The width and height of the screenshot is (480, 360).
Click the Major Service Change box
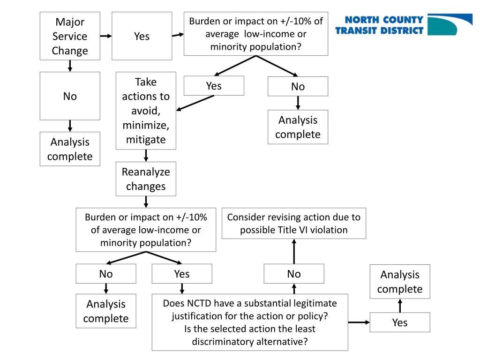(70, 36)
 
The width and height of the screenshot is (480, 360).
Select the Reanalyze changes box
(146, 179)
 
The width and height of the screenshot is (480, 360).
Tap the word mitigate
(146, 139)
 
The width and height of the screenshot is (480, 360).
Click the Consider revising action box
(293, 223)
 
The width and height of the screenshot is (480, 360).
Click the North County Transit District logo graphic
(450, 24)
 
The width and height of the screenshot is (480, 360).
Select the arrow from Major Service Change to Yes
(106, 36)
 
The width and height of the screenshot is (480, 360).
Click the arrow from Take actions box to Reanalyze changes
(146, 156)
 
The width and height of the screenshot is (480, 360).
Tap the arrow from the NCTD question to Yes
(359, 322)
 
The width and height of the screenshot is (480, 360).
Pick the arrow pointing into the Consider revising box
(294, 251)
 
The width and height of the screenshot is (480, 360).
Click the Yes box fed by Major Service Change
(142, 36)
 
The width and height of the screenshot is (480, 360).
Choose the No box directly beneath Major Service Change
(70, 96)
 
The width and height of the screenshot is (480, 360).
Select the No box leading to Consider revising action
(294, 274)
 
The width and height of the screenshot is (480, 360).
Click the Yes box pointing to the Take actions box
(214, 86)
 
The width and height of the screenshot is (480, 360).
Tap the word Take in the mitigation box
(146, 82)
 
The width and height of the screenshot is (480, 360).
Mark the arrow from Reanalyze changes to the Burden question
(146, 202)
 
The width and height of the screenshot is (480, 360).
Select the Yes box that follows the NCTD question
(400, 322)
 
